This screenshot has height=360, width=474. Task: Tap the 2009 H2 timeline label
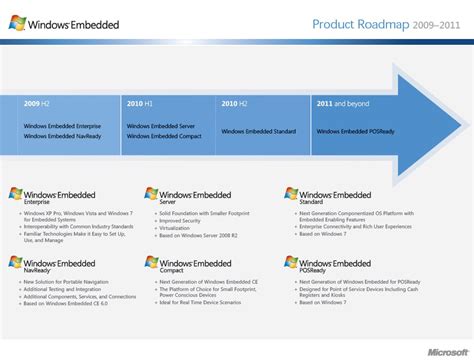tap(38, 102)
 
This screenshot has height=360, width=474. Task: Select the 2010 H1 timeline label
tap(141, 102)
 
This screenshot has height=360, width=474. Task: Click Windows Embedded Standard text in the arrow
tap(259, 131)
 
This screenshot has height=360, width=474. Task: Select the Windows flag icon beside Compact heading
tap(151, 263)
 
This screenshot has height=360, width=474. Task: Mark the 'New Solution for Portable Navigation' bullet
tap(63, 283)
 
